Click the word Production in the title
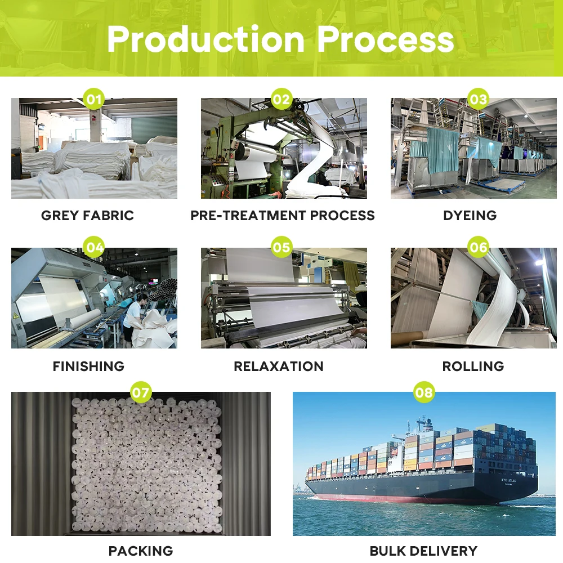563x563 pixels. [206, 39]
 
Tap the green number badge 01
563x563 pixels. [94, 100]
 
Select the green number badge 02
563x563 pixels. [281, 100]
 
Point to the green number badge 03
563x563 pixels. [478, 100]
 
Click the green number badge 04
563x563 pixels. [94, 247]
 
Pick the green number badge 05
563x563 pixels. [281, 247]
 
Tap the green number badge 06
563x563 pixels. [478, 247]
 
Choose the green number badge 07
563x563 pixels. [141, 392]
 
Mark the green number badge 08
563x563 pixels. [424, 392]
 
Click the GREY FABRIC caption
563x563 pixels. [88, 216]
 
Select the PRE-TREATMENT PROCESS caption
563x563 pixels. [283, 216]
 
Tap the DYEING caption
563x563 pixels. [470, 216]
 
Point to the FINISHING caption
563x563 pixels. [88, 367]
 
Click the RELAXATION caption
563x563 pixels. [279, 367]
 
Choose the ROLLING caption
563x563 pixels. [473, 367]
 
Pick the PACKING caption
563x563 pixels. [141, 551]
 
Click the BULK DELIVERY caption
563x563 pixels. [423, 551]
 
